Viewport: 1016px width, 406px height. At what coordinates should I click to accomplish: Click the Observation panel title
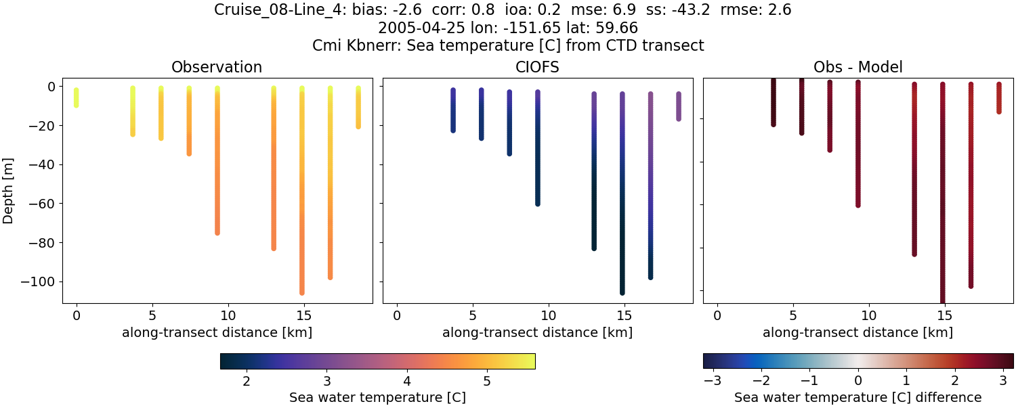(217, 67)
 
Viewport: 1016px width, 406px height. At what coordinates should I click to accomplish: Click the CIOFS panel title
(537, 67)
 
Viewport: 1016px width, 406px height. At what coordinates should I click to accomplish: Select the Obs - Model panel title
(858, 67)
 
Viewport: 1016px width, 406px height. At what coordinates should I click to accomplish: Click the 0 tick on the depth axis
(51, 87)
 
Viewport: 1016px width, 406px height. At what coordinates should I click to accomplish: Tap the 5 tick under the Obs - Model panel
(792, 315)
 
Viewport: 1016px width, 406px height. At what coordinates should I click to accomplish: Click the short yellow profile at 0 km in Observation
(76, 97)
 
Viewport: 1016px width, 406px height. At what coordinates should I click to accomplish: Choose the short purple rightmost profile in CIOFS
(678, 106)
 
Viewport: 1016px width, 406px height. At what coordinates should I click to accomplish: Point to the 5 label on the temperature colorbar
(487, 381)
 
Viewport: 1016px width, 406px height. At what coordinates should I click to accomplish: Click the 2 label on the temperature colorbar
(247, 381)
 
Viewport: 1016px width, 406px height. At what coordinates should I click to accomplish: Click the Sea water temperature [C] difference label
(858, 397)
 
